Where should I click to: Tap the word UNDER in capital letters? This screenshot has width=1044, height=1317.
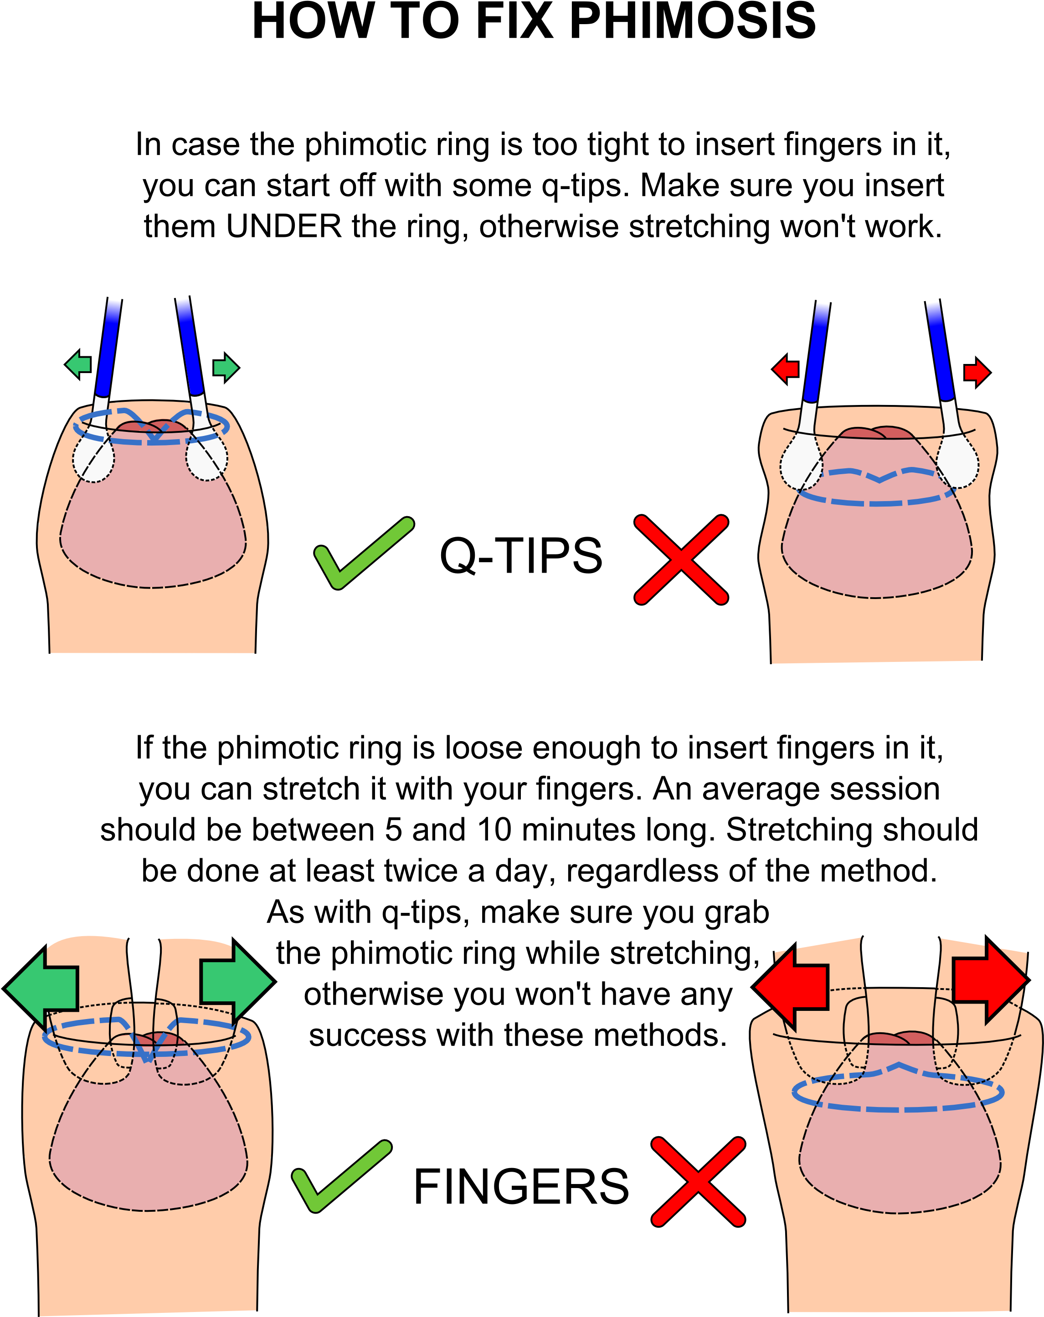[x=283, y=226]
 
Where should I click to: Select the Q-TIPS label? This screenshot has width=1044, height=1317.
[x=521, y=556]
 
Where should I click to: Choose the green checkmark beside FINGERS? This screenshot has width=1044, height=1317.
[x=341, y=1176]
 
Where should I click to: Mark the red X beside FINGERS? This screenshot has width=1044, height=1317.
[x=698, y=1182]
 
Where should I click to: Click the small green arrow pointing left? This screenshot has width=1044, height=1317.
[x=77, y=365]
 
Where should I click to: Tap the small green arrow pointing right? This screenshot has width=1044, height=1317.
[x=226, y=368]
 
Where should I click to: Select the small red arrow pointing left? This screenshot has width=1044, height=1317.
[x=786, y=369]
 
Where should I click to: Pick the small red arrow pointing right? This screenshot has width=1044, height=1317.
[x=977, y=373]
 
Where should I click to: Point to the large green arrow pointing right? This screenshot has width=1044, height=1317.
[x=237, y=982]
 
